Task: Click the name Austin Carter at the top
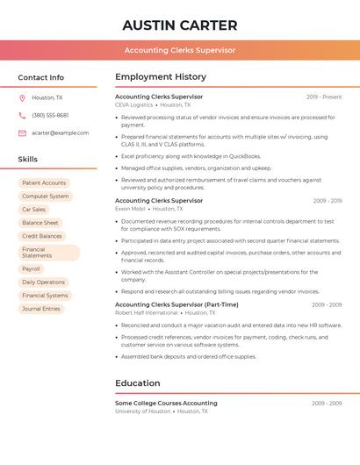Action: tap(180, 25)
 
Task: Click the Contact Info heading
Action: tap(41, 77)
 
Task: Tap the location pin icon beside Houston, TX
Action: tap(22, 97)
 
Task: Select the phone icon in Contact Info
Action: tap(22, 115)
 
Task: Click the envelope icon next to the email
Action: tap(22, 133)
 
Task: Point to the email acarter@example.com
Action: tap(61, 133)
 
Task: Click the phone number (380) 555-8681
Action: tap(50, 115)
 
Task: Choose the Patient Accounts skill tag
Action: tap(44, 182)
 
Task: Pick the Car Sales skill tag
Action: tap(33, 210)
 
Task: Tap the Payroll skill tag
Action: tap(31, 269)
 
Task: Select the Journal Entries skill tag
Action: tap(41, 309)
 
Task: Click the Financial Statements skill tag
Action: tap(37, 253)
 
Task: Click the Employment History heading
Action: tap(161, 77)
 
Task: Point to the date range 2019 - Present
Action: tap(324, 97)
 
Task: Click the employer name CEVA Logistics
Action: tap(133, 104)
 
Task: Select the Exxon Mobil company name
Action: tap(129, 209)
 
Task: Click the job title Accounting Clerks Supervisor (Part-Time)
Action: tap(176, 304)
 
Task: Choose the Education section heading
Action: tap(138, 383)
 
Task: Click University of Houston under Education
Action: tap(142, 411)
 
